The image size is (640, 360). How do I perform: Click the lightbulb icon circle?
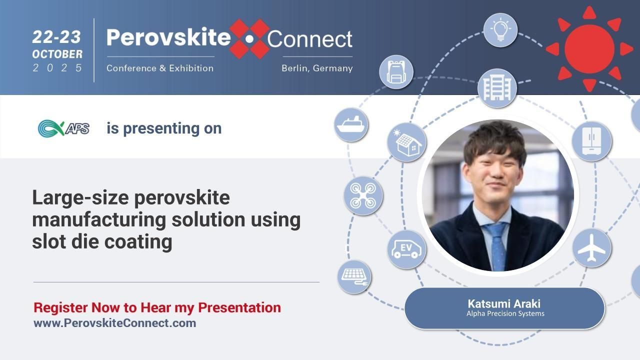[x=500, y=30]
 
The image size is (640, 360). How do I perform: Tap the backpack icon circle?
[x=396, y=72]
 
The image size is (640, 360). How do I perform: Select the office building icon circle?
[x=497, y=88]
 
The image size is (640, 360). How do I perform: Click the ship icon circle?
[x=351, y=124]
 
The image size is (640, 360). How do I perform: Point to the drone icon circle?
[x=363, y=195]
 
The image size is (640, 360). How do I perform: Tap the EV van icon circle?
[x=406, y=249]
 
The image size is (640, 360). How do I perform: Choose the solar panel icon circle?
[x=354, y=276]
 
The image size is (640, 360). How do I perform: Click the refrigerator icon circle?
[x=591, y=141]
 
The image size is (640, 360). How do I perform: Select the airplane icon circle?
[x=591, y=248]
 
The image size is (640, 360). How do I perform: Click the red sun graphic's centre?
[x=589, y=48]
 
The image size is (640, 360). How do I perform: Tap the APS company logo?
[x=63, y=128]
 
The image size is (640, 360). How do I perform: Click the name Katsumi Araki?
[x=504, y=303]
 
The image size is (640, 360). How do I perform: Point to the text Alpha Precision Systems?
[x=505, y=314]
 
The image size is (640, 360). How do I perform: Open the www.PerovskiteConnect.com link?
[x=114, y=323]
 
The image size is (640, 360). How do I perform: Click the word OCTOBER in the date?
[x=57, y=53]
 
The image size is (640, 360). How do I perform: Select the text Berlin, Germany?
[x=317, y=68]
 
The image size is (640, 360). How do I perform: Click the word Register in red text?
[x=60, y=307]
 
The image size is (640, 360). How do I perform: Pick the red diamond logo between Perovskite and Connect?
[x=249, y=38]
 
